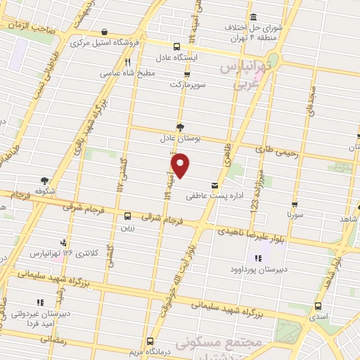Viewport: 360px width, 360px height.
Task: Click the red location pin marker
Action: tap(181, 165)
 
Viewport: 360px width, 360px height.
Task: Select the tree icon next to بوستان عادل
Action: tap(181, 127)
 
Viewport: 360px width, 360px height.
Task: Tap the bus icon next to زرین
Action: tap(127, 216)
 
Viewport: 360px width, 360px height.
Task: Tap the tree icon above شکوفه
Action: tap(45, 181)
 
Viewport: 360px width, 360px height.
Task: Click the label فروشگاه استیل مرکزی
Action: tap(105, 42)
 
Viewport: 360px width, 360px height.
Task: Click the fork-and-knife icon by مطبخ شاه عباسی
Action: tap(127, 61)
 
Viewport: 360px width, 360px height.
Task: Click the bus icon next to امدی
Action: tap(319, 306)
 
